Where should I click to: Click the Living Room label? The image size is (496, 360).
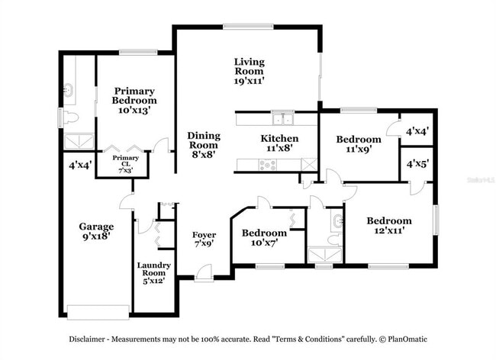click(x=249, y=70)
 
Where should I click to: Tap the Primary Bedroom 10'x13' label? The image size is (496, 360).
click(x=134, y=100)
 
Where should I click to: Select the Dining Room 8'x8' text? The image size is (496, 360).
click(x=203, y=144)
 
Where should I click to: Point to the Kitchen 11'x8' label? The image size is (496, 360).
click(x=279, y=143)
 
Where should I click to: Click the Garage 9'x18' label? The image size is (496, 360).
click(x=96, y=231)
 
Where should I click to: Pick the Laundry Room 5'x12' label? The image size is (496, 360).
click(x=153, y=273)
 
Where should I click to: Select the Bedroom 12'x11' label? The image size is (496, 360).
click(x=388, y=226)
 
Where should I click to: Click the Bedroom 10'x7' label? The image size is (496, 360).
click(x=264, y=237)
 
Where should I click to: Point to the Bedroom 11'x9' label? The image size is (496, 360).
click(x=359, y=144)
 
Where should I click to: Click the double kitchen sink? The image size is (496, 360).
click(x=283, y=118)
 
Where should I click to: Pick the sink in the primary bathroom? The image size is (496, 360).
click(x=68, y=90)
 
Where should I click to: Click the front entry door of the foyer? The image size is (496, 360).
click(x=203, y=272)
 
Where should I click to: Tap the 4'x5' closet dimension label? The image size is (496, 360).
click(x=417, y=163)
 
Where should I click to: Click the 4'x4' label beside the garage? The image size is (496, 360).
click(x=80, y=165)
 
